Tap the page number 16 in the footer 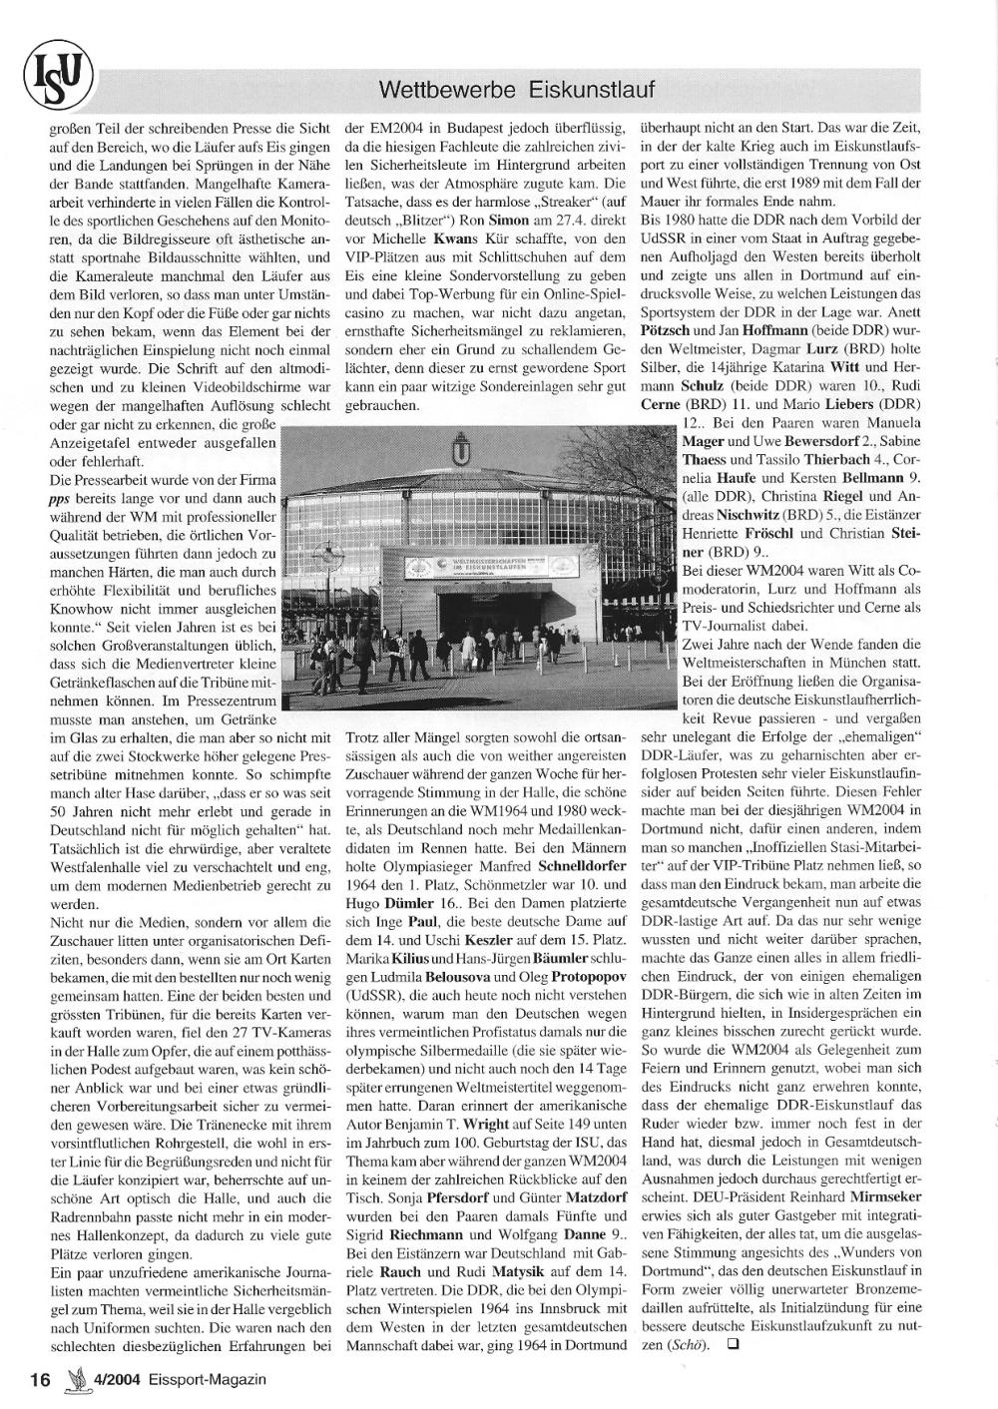(x=39, y=1379)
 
